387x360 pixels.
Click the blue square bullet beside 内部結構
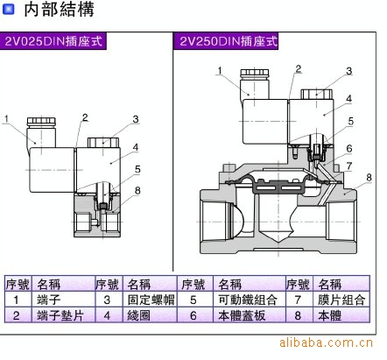tap(8, 10)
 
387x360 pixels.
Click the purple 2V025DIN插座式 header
tap(53, 41)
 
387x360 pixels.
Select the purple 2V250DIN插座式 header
tap(226, 41)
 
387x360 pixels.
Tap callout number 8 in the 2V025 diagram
tap(137, 191)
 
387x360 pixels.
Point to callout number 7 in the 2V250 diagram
tap(349, 166)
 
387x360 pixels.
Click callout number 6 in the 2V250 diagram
tap(349, 148)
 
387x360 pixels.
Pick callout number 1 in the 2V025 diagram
tap(6, 119)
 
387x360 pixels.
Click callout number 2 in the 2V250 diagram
tap(298, 69)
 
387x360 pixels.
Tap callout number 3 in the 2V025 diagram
tap(136, 119)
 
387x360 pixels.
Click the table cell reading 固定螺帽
tap(150, 300)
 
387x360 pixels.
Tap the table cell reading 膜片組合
tap(341, 300)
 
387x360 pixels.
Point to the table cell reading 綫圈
tap(150, 315)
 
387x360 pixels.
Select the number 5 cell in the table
tap(194, 300)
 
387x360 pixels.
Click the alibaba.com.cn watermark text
tap(326, 342)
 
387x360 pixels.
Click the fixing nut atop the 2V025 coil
tap(103, 143)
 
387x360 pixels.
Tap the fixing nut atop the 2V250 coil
tap(317, 94)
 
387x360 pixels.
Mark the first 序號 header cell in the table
tap(18, 284)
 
